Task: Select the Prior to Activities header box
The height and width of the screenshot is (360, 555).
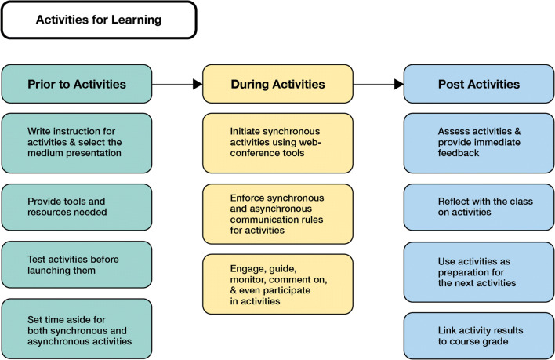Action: pyautogui.click(x=77, y=83)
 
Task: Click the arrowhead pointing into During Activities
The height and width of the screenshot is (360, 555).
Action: pyautogui.click(x=197, y=83)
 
